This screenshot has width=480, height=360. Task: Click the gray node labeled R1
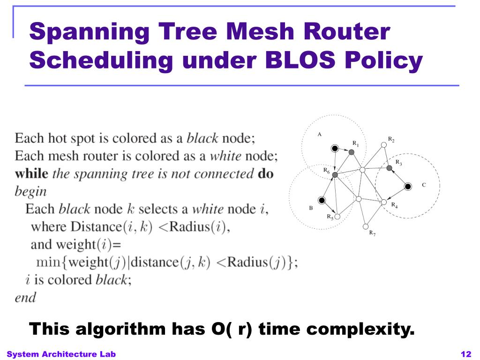pyautogui.click(x=351, y=152)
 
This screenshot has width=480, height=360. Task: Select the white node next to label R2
pyautogui.click(x=383, y=145)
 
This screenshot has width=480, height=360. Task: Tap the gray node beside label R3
pyautogui.click(x=389, y=168)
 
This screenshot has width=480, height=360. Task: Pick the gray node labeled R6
pyautogui.click(x=335, y=174)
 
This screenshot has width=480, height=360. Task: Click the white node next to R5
pyautogui.click(x=337, y=217)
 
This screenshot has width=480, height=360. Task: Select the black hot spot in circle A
pyautogui.click(x=335, y=149)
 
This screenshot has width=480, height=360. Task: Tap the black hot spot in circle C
pyautogui.click(x=408, y=187)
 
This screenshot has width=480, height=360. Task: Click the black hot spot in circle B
pyautogui.click(x=322, y=201)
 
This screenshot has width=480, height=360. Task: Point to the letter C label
pyautogui.click(x=424, y=185)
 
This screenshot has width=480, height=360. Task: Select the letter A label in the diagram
pyautogui.click(x=319, y=135)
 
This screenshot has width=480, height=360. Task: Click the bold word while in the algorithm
pyautogui.click(x=31, y=174)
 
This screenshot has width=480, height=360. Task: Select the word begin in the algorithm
pyautogui.click(x=31, y=192)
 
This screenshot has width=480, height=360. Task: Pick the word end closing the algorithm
pyautogui.click(x=25, y=298)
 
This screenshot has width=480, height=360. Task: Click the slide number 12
pyautogui.click(x=465, y=354)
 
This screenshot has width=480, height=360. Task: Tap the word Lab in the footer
pyautogui.click(x=107, y=354)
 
